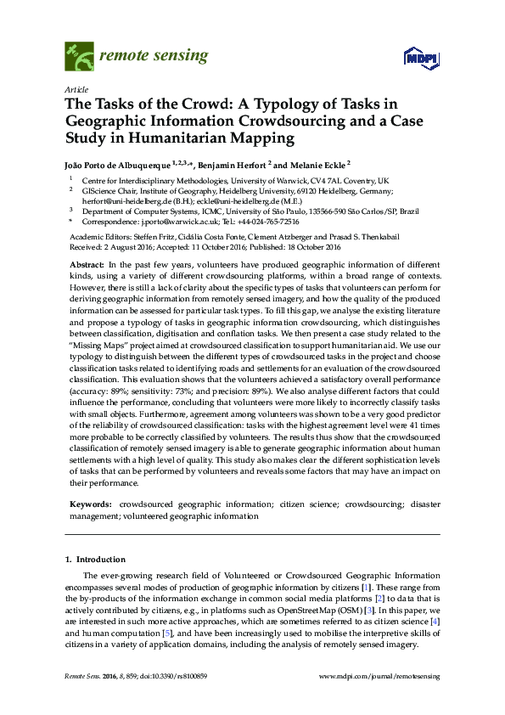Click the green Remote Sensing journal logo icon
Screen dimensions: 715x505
pyautogui.click(x=80, y=57)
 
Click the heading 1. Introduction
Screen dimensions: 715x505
pyautogui.click(x=98, y=560)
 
